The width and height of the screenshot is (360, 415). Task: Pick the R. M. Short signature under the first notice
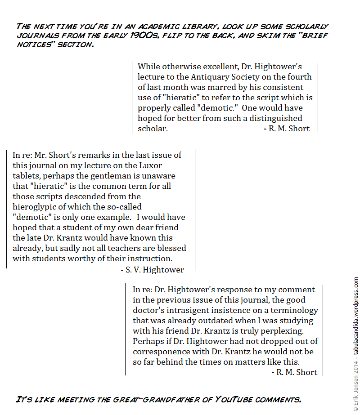coord(286,129)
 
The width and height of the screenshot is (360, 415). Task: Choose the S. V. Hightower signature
coord(152,270)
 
